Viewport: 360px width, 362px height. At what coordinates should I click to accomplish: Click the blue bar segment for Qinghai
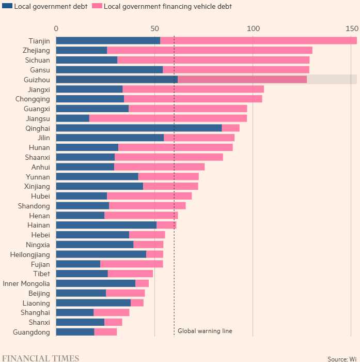point(138,128)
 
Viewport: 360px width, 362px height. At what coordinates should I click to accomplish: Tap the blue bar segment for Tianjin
point(108,40)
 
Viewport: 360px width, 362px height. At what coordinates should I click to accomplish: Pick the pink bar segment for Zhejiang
point(209,50)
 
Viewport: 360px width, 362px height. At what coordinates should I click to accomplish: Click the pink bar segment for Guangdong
point(105,332)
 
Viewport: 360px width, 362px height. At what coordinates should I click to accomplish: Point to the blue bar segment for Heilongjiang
point(101,254)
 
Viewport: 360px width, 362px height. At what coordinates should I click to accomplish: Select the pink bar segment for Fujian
point(131,264)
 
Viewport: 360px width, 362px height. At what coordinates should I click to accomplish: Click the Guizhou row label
point(37,79)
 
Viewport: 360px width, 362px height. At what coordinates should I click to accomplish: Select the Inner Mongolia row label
point(26,283)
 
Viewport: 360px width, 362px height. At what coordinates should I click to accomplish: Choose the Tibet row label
point(41,274)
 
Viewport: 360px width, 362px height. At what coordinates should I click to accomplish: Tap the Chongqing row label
point(33,99)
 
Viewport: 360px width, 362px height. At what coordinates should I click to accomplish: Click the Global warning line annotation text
point(205,331)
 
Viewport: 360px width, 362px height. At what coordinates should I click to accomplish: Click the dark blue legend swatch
point(6,7)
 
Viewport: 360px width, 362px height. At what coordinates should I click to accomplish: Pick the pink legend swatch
point(97,7)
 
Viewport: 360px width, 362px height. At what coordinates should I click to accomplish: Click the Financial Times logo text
point(40,358)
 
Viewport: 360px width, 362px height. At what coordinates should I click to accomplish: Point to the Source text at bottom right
point(341,358)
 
